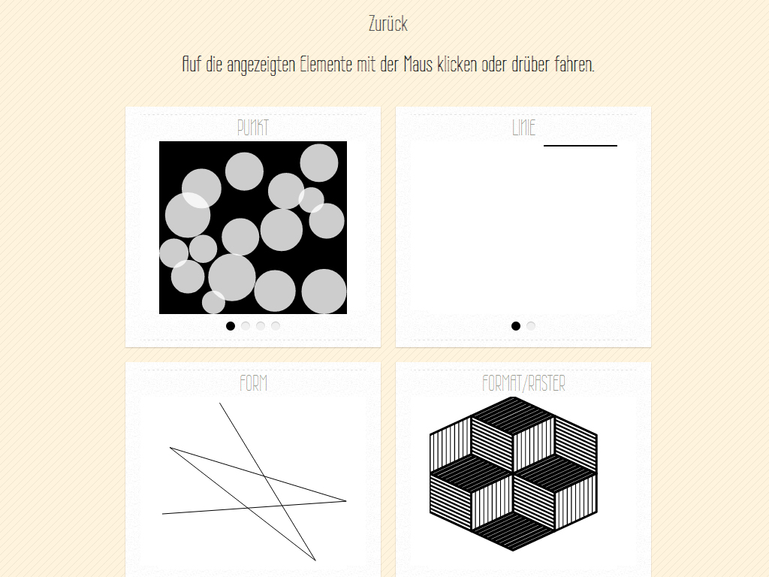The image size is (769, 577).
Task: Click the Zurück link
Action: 388,23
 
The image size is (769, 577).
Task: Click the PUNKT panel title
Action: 253,128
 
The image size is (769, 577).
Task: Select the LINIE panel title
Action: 523,128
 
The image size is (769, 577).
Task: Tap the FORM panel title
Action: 254,383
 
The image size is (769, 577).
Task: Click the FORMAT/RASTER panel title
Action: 523,383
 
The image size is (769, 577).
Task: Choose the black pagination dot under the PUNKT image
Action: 231,326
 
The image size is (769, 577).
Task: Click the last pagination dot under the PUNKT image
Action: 276,326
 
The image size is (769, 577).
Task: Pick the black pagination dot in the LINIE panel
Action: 515,326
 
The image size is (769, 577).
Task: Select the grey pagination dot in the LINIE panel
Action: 531,326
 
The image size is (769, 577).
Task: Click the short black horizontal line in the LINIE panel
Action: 581,146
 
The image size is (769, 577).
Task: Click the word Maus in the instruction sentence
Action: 418,65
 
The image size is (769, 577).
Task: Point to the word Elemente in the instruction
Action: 326,65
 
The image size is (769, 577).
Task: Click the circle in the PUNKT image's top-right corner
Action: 318,163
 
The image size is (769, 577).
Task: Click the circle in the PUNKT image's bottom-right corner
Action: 324,292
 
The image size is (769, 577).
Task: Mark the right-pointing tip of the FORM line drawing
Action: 346,501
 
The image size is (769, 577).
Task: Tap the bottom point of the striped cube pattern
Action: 514,551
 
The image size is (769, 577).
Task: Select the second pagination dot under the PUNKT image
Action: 246,326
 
